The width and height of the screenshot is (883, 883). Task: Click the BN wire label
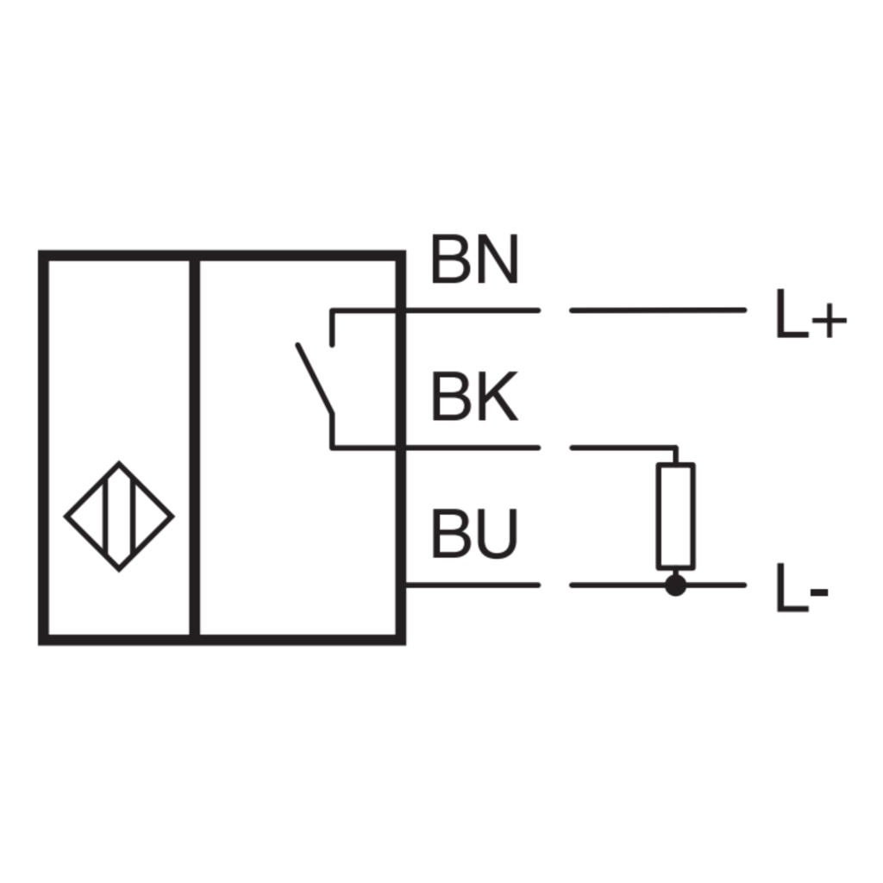(475, 260)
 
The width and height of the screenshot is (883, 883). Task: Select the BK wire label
(474, 397)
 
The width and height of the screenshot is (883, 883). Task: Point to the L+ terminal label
(811, 314)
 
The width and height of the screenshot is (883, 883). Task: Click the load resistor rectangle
(676, 517)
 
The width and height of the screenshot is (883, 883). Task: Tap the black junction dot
(676, 586)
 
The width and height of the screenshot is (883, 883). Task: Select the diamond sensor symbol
(119, 517)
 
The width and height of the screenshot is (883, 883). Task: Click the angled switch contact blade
(315, 379)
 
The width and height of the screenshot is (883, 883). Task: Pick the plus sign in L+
(830, 321)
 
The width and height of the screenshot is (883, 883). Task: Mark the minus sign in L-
(819, 592)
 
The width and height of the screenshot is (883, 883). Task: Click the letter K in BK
(496, 397)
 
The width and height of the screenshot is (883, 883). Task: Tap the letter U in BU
(496, 534)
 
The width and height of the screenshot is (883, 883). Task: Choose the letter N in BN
(497, 260)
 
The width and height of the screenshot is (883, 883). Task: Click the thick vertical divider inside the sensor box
(195, 448)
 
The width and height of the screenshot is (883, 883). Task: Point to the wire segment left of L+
(658, 310)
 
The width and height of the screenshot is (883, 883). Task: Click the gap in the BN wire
(555, 310)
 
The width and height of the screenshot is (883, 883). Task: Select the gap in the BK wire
(555, 448)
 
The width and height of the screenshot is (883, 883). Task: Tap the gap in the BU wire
(555, 586)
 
